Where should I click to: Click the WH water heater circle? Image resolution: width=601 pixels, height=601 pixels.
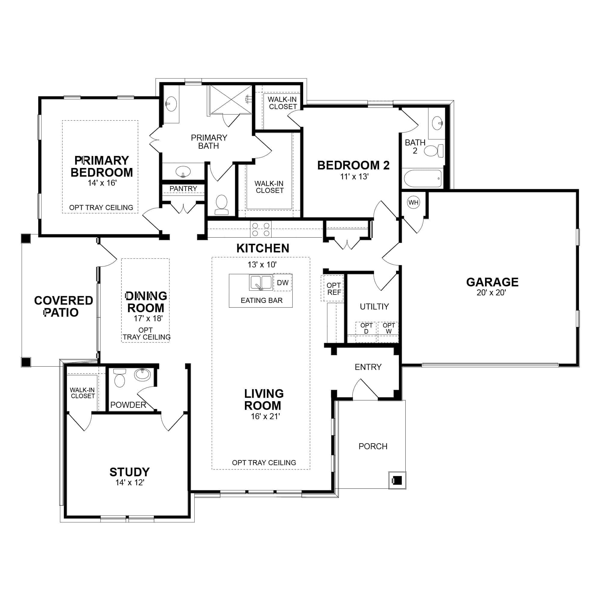[x=413, y=203]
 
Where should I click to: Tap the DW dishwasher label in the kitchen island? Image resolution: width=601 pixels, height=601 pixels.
[x=282, y=283]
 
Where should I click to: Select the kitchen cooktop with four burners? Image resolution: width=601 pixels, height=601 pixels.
[x=261, y=229]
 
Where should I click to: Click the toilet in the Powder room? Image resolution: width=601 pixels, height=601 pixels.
[x=120, y=378]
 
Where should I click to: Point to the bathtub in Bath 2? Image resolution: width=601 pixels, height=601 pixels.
[x=423, y=178]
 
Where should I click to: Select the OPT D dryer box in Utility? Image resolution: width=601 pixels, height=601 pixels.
[x=366, y=332]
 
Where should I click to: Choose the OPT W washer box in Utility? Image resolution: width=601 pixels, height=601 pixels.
[x=388, y=332]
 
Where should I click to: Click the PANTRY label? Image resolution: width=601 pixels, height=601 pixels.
[x=183, y=189]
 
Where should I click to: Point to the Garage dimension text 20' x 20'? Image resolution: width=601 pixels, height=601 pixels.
[x=492, y=292]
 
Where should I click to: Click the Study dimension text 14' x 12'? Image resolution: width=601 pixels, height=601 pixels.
[x=130, y=483]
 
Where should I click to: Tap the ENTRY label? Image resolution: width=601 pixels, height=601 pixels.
[x=368, y=367]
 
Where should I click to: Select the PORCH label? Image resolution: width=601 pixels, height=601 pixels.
[x=373, y=447]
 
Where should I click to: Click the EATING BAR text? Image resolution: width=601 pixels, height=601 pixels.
[x=262, y=300]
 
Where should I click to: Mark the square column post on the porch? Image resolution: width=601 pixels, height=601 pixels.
[x=397, y=480]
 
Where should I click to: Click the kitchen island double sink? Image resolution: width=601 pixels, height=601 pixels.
[x=261, y=282]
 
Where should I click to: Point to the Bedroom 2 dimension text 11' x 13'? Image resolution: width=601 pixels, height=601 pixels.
[x=354, y=177]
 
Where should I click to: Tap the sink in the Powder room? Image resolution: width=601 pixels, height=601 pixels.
[x=142, y=375]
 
